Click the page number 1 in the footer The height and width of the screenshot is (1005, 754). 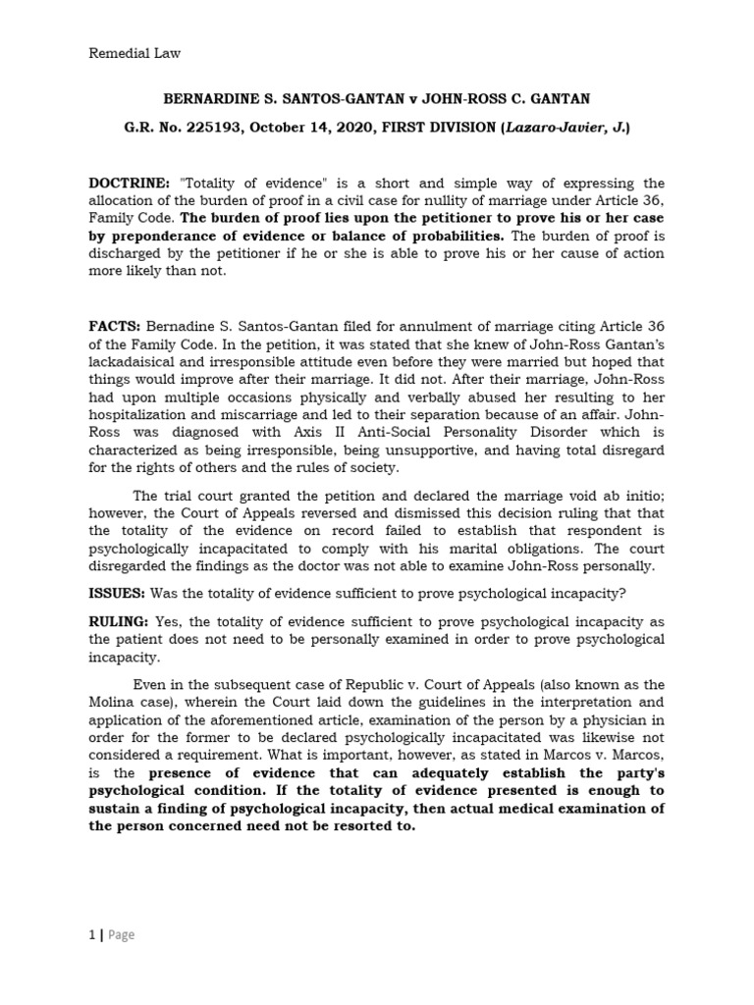91,935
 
